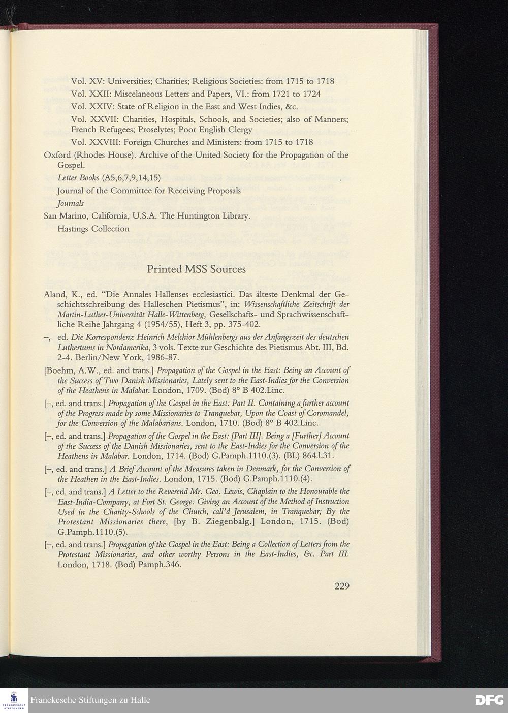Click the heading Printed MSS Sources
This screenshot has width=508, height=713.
pos(196,269)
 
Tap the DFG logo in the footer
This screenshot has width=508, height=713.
pos(489,700)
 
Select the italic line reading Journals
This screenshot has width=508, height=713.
pos(71,203)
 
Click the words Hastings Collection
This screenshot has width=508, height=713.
pos(93,229)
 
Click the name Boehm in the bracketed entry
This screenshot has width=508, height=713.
pos(60,370)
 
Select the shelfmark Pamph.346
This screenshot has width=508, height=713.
pos(161,565)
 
